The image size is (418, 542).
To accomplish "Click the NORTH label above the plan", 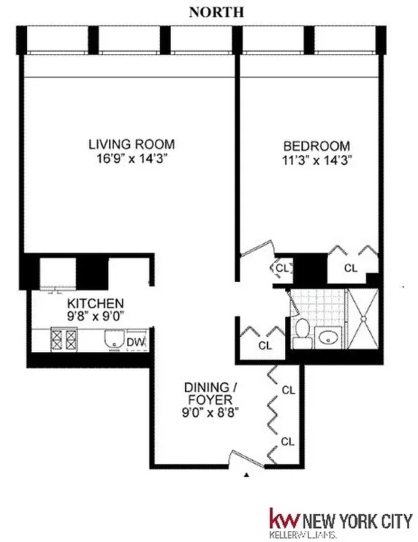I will pyautogui.click(x=216, y=12).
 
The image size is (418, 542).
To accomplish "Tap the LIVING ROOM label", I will pyautogui.click(x=131, y=144).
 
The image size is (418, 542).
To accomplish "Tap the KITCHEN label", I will pyautogui.click(x=94, y=303).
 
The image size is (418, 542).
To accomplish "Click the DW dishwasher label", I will pyautogui.click(x=135, y=342).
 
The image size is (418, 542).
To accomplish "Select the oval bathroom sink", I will pyautogui.click(x=331, y=337).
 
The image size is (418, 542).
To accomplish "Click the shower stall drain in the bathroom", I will pyautogui.click(x=365, y=319).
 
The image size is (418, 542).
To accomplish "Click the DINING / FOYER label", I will pyautogui.click(x=211, y=393).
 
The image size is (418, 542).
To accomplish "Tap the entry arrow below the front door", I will pyautogui.click(x=247, y=476).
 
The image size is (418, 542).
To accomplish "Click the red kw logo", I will pyautogui.click(x=284, y=520).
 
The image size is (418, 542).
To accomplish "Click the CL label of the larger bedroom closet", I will pyautogui.click(x=350, y=268).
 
